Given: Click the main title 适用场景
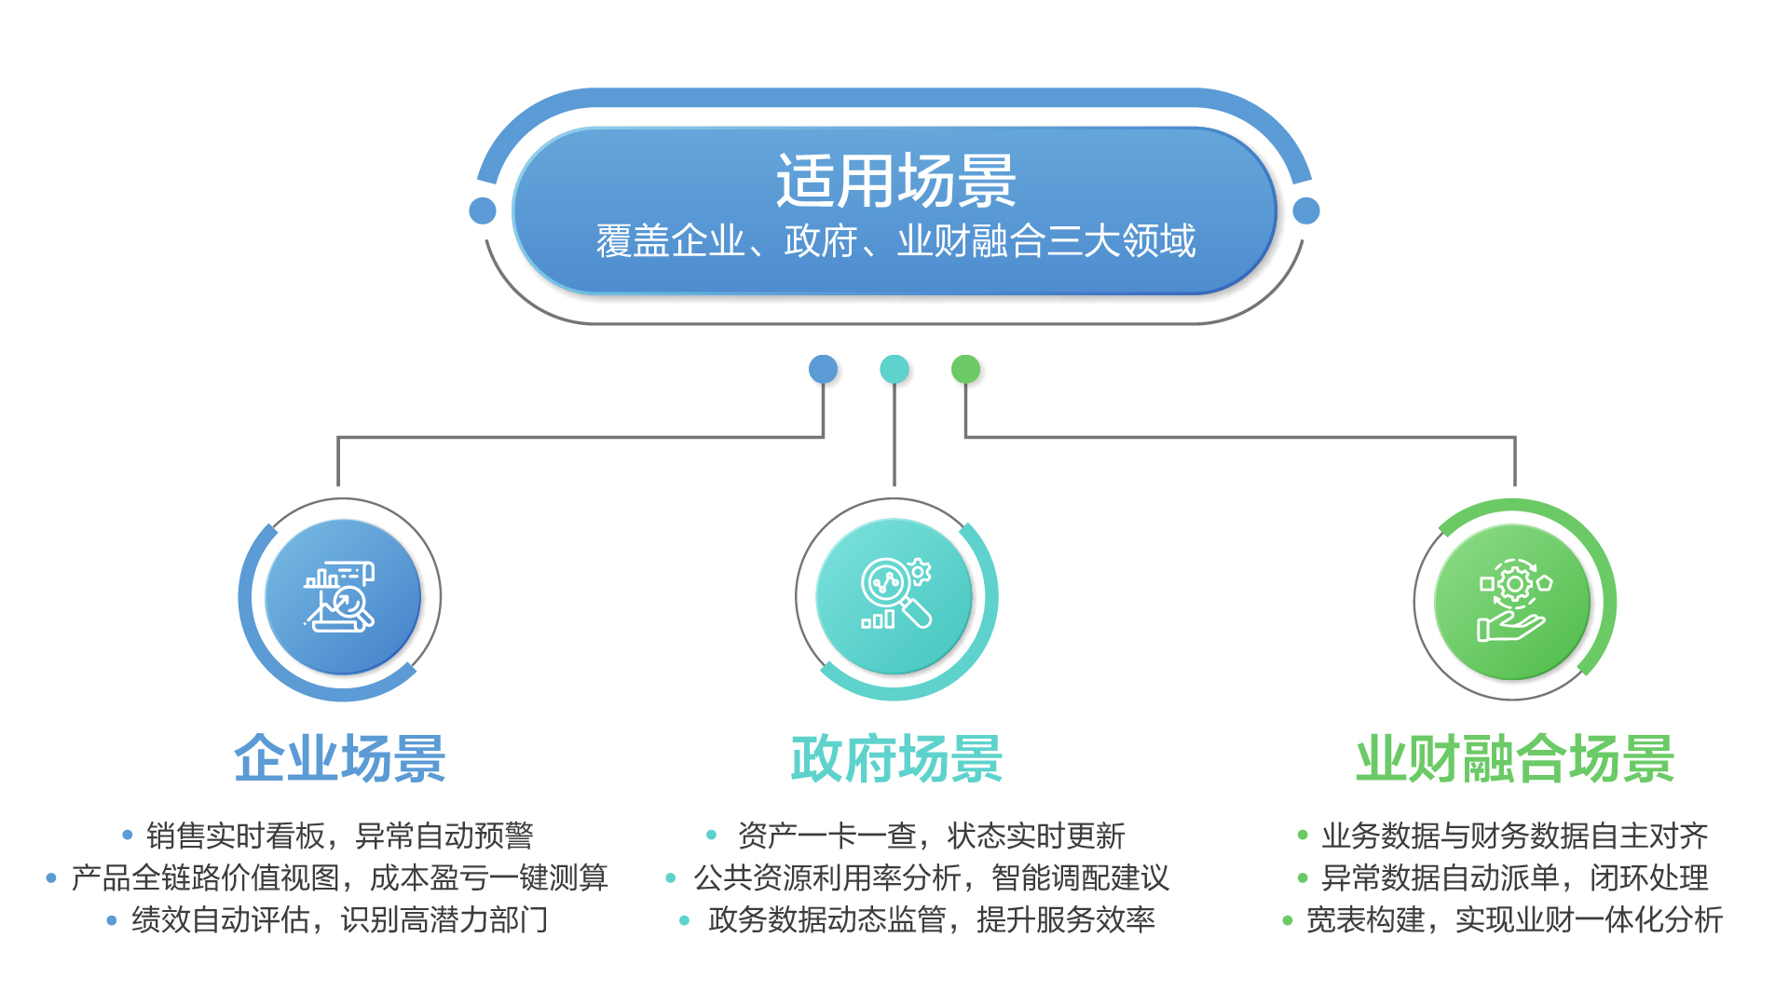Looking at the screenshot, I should [x=895, y=181].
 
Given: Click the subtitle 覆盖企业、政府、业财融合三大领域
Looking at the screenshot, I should [x=895, y=241].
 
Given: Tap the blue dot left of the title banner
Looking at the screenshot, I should [x=483, y=211].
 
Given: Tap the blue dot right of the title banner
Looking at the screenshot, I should [x=1306, y=211].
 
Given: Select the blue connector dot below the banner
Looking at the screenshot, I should [x=823, y=369].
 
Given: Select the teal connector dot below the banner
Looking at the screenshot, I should [x=894, y=369].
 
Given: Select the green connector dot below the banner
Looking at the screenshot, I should [x=965, y=369].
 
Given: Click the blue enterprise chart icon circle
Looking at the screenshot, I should [x=342, y=597].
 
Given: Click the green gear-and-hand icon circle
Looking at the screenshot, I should [x=1512, y=601].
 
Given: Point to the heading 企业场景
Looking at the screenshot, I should [x=340, y=758].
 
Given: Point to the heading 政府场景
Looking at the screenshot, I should [x=896, y=758].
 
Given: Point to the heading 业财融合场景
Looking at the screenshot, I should [x=1515, y=758].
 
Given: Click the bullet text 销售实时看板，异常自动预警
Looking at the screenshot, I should [x=340, y=836].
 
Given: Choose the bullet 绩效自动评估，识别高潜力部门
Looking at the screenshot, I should [x=340, y=919].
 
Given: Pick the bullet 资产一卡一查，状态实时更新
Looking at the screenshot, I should [x=931, y=836].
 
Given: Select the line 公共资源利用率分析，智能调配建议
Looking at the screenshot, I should [x=931, y=877].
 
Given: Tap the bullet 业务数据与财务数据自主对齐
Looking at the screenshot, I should [x=1514, y=836].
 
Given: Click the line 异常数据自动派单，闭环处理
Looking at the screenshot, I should [x=1514, y=877].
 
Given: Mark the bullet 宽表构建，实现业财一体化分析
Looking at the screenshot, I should [x=1514, y=919].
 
